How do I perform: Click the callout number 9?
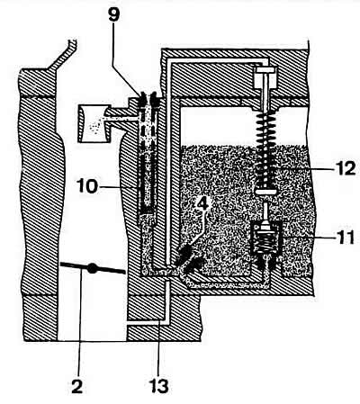(114, 15)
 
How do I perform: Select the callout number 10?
(87, 186)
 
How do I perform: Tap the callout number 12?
(346, 168)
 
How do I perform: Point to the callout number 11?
(345, 237)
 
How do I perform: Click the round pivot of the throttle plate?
(92, 268)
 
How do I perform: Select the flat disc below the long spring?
(265, 192)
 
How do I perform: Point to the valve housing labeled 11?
(265, 238)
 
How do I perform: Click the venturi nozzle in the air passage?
(94, 123)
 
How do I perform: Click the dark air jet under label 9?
(148, 100)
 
